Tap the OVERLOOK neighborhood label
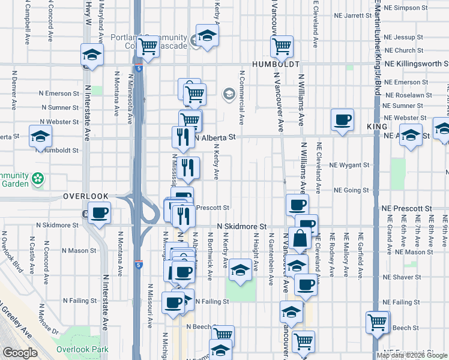(86, 196)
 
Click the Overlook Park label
(82, 349)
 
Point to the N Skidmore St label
(242, 226)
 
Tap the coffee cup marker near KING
(343, 119)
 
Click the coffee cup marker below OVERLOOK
(100, 211)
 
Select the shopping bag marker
(300, 239)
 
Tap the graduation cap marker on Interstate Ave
(92, 55)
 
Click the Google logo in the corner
(20, 353)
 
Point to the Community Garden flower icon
(38, 178)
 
